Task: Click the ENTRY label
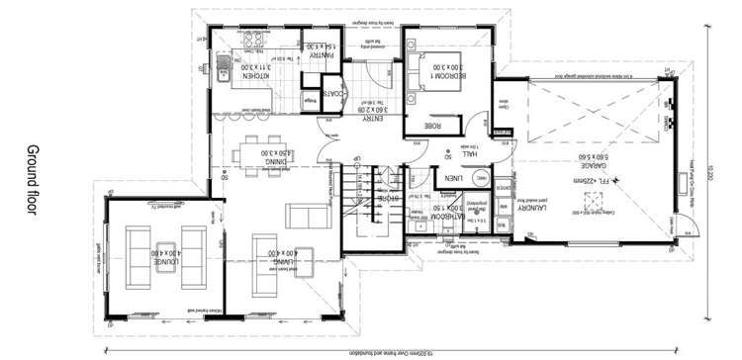tap(371, 118)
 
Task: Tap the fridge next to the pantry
tap(310, 100)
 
